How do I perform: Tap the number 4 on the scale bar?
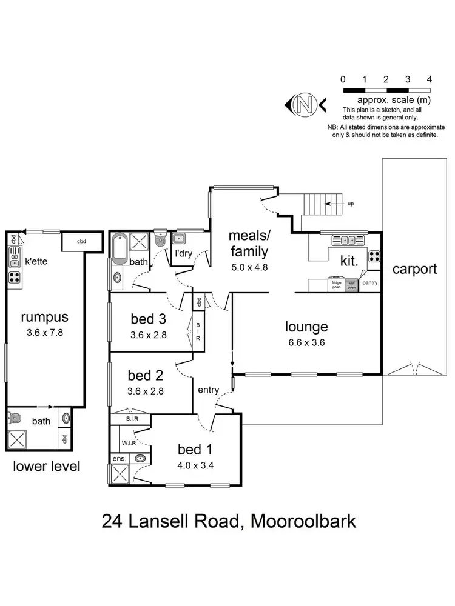pyautogui.click(x=429, y=79)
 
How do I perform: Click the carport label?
pyautogui.click(x=414, y=268)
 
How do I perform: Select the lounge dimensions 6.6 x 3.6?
pyautogui.click(x=307, y=342)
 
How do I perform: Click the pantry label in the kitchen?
pyautogui.click(x=369, y=282)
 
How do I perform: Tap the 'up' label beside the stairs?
pyautogui.click(x=351, y=204)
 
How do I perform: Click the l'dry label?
pyautogui.click(x=183, y=255)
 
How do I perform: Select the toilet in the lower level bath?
pyautogui.click(x=15, y=418)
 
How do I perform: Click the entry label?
pyautogui.click(x=209, y=390)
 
